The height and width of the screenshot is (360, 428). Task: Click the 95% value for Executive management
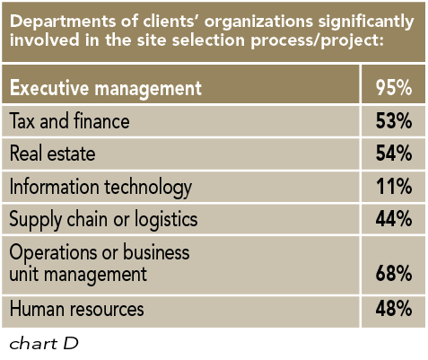click(392, 89)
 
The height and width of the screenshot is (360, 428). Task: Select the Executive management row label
click(105, 89)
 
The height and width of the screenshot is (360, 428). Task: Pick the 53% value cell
click(392, 122)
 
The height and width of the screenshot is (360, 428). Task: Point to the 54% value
click(392, 154)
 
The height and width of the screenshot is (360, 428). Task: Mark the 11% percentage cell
click(392, 187)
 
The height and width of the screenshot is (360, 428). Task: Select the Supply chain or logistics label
click(102, 220)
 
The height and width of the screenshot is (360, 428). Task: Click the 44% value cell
click(392, 220)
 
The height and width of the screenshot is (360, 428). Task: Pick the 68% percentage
click(392, 274)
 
